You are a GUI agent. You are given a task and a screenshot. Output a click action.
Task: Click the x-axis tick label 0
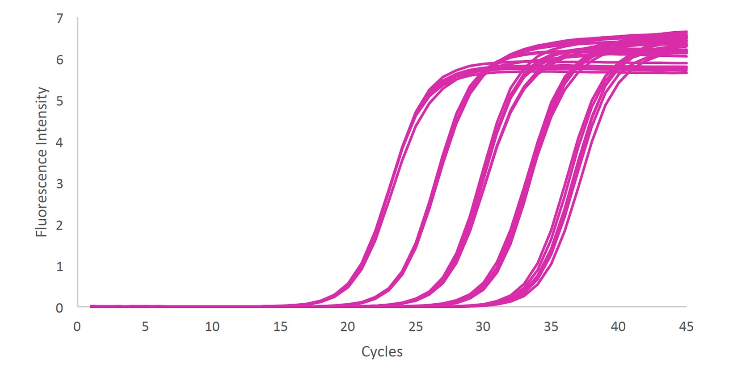point(77,326)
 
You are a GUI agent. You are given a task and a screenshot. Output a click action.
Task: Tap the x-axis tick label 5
point(145,326)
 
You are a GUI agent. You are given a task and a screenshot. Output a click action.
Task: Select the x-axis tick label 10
point(212,326)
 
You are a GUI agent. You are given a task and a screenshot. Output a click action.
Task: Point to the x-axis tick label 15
point(280,326)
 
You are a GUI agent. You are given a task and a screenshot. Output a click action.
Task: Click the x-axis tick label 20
point(348,326)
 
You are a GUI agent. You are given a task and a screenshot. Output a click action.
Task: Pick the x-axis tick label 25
point(415,326)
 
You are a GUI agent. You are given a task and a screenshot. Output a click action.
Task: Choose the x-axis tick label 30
point(483,326)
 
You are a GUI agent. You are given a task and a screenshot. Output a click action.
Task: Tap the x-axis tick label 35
point(551,326)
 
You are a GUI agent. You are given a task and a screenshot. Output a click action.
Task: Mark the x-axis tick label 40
point(618,326)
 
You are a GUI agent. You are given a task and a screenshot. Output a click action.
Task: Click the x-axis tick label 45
point(686,326)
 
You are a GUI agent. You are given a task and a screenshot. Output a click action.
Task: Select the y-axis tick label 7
point(59,19)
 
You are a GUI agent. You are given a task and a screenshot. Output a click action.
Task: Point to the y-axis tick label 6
point(59,60)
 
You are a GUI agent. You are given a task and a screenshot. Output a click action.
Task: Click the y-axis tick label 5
point(59,101)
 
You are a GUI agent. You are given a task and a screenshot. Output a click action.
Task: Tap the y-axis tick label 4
point(59,142)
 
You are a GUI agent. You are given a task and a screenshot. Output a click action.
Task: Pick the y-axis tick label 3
point(59,184)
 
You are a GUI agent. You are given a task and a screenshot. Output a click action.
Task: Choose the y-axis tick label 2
point(59,226)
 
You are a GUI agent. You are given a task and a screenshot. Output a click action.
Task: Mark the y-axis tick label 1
point(59,267)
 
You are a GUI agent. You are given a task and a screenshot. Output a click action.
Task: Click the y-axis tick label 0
point(59,308)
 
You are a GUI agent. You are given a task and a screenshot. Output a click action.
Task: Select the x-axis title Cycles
point(382,352)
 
